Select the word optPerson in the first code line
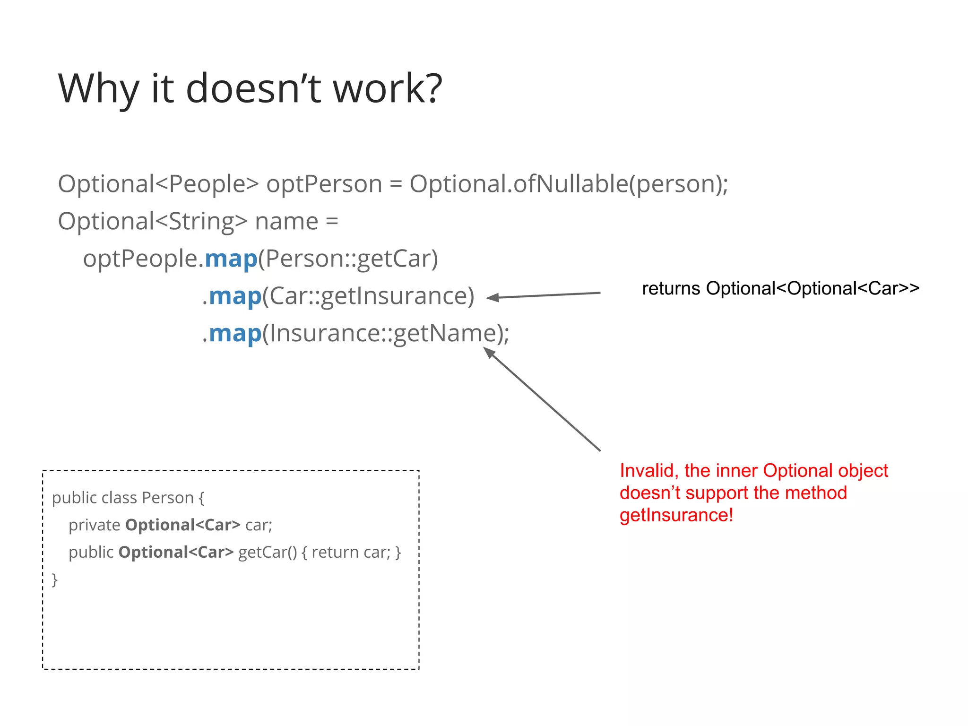pos(324,184)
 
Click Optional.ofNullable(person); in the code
pos(569,184)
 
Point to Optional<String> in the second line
pos(152,221)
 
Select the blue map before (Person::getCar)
pos(231,259)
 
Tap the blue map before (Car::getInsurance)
pos(235,296)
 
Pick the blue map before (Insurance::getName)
pos(235,334)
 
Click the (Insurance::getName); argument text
pos(386,334)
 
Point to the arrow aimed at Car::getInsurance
pos(544,295)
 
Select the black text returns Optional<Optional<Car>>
pos(780,288)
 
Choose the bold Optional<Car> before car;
pos(183,525)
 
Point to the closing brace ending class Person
pos(55,579)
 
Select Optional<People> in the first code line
pos(158,184)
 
